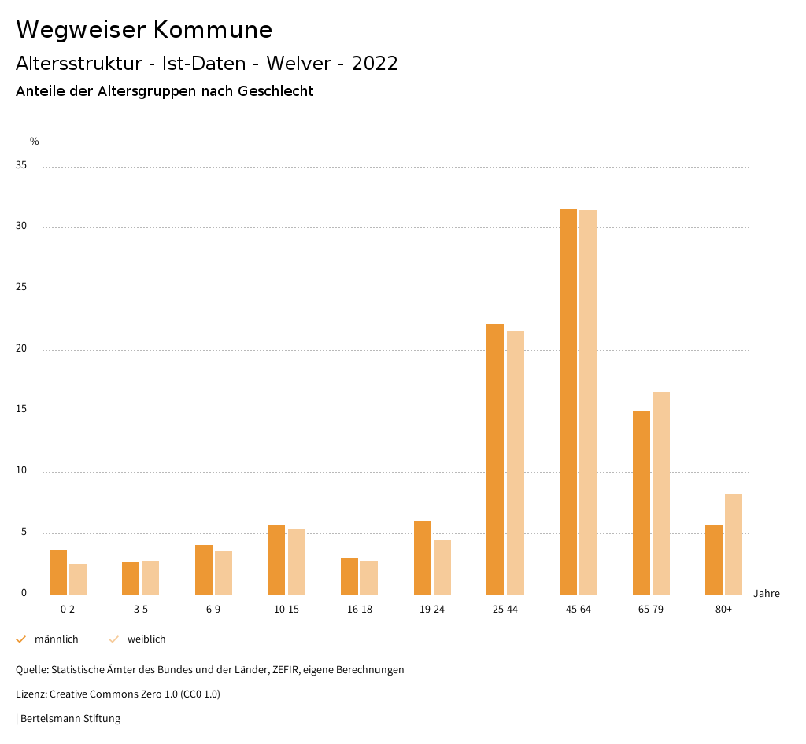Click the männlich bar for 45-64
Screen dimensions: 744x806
[568, 402]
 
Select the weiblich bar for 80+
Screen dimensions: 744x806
[733, 544]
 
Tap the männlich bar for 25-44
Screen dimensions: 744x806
[495, 459]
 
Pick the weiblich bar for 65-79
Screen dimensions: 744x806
[660, 493]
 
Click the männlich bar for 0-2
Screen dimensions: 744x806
[58, 573]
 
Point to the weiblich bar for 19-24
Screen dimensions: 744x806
[442, 567]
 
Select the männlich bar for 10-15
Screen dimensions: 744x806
[276, 560]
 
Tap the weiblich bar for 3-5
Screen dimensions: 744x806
[150, 578]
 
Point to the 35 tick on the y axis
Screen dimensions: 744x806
[21, 166]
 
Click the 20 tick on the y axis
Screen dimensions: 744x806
[21, 349]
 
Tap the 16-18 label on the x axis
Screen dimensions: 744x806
[359, 610]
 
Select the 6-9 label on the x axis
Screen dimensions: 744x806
[213, 610]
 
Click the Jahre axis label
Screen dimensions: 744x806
[766, 594]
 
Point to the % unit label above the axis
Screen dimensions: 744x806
[35, 142]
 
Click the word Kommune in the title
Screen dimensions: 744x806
[212, 30]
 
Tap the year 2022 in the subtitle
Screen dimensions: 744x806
[375, 64]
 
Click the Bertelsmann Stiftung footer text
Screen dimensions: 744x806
[70, 718]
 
